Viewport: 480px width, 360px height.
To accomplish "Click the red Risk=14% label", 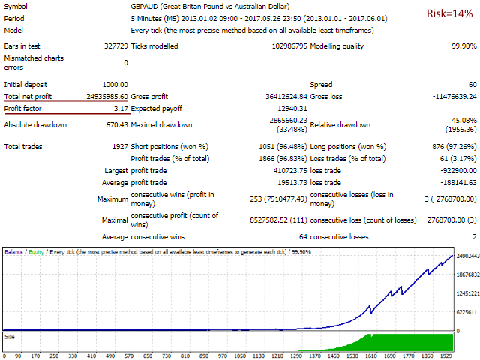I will (448, 14).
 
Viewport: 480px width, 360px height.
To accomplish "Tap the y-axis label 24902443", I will (466, 277).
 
